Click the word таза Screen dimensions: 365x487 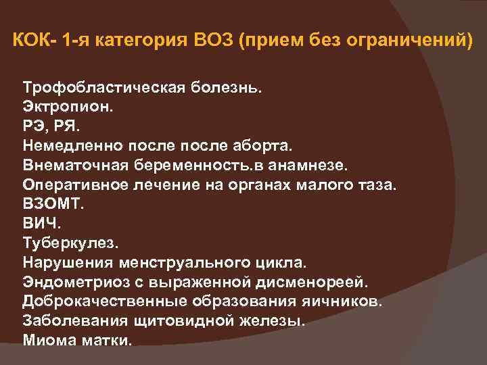click(x=378, y=184)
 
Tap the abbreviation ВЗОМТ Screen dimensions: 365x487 click(x=51, y=203)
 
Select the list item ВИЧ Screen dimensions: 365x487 click(x=40, y=222)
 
